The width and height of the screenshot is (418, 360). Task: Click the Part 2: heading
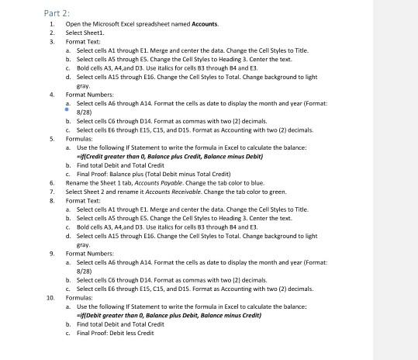[x=57, y=13]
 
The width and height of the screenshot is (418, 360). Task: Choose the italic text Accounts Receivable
[x=156, y=192]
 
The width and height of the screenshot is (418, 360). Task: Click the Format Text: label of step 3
[x=83, y=41]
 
